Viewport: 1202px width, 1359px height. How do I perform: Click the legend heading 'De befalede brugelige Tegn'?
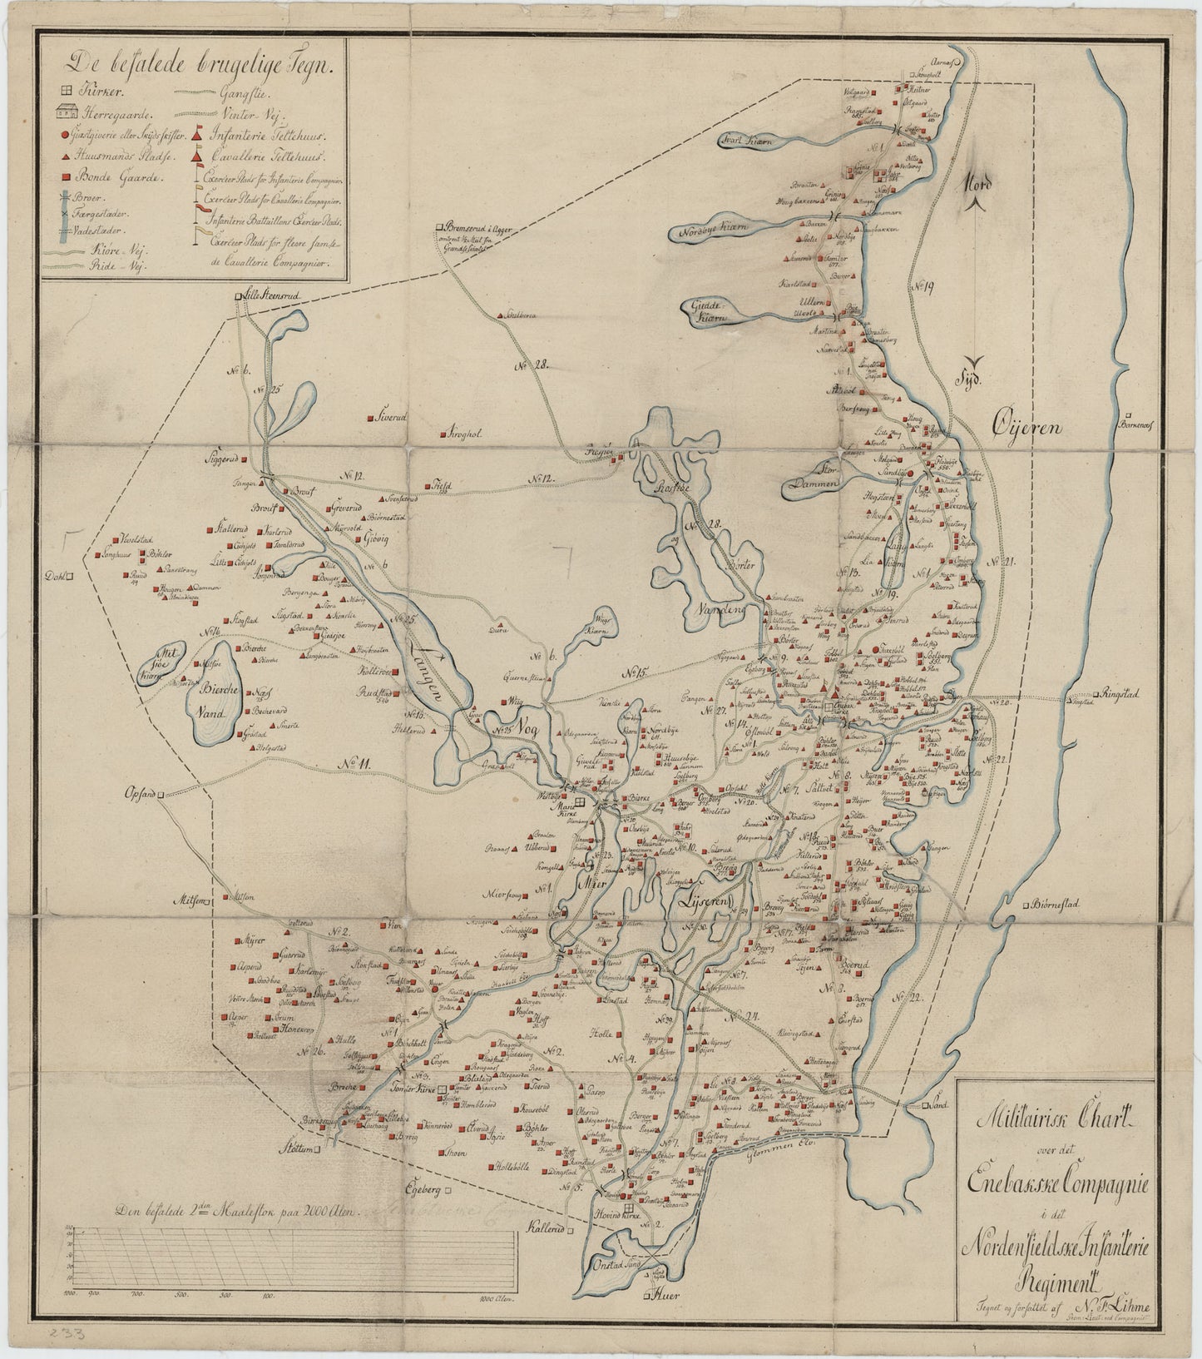click(x=202, y=62)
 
